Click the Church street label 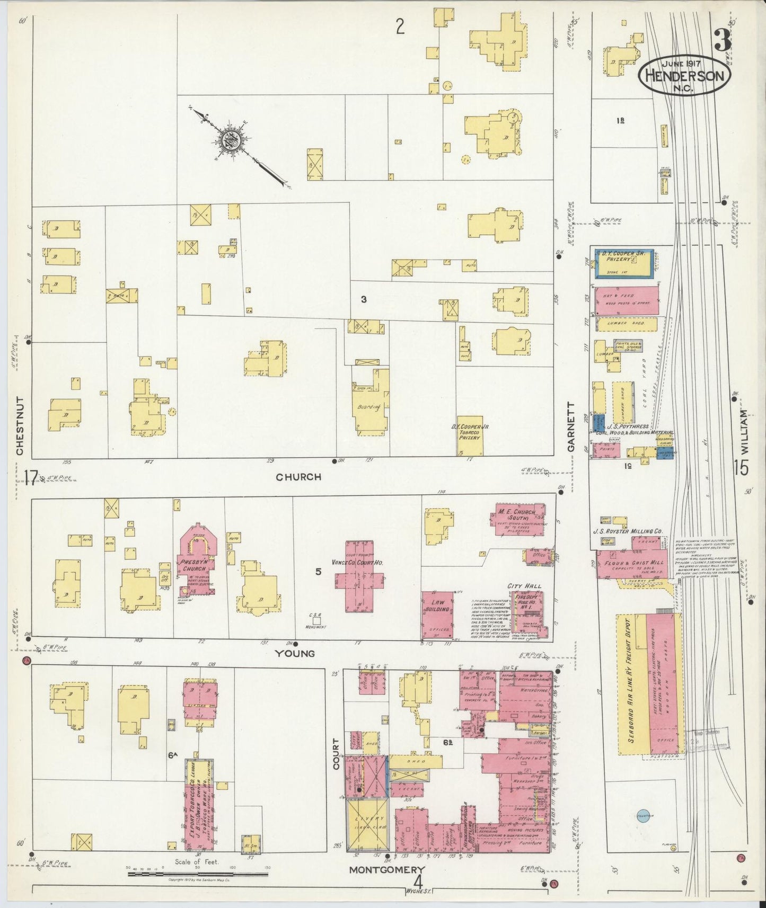(298, 477)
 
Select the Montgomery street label (386, 870)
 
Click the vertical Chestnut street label (20, 426)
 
